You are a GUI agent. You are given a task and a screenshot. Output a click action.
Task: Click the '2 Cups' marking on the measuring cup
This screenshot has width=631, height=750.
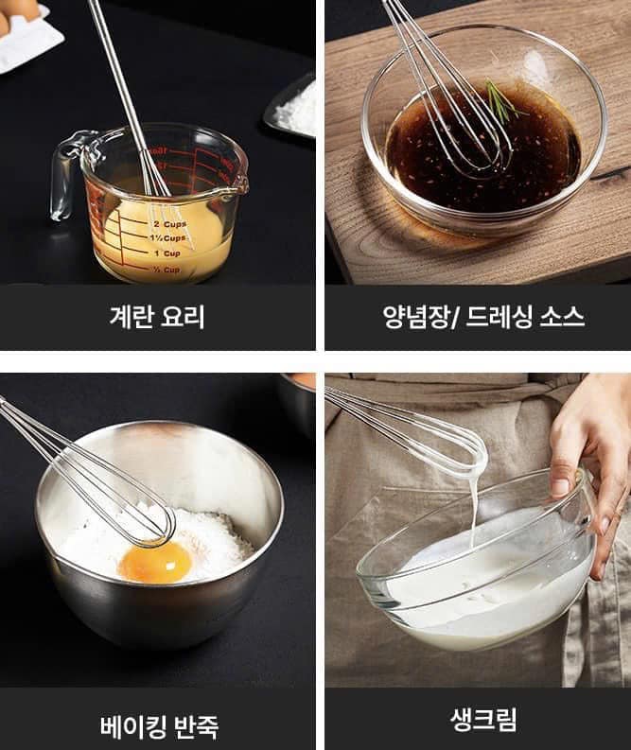pyautogui.click(x=170, y=224)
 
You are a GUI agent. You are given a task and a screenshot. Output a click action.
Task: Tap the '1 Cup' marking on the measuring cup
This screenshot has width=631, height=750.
pyautogui.click(x=167, y=253)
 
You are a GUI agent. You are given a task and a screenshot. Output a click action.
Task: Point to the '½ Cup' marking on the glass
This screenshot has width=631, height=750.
pyautogui.click(x=167, y=270)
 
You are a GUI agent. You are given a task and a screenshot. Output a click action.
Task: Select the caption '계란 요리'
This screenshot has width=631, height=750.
pyautogui.click(x=157, y=316)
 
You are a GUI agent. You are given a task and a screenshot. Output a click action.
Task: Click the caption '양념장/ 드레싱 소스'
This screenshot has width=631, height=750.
pyautogui.click(x=483, y=316)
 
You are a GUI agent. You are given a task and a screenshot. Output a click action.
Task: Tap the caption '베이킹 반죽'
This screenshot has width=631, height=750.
pyautogui.click(x=159, y=726)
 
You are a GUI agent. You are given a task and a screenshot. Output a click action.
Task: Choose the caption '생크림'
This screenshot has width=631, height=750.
pyautogui.click(x=483, y=719)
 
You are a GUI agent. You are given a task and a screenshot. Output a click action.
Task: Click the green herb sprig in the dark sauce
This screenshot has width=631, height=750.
pyautogui.click(x=502, y=100)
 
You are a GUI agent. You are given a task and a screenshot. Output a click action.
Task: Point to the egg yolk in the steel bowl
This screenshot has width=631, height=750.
pyautogui.click(x=155, y=563)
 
